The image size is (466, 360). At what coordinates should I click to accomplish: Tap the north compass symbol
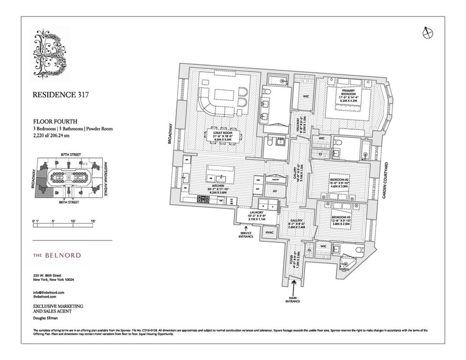427,33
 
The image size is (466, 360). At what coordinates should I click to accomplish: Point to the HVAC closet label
270,232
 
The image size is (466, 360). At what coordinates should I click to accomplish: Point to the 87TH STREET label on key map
70,155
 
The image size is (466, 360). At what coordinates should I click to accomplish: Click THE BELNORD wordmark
57,255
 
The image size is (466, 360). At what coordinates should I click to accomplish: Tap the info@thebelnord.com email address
48,292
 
